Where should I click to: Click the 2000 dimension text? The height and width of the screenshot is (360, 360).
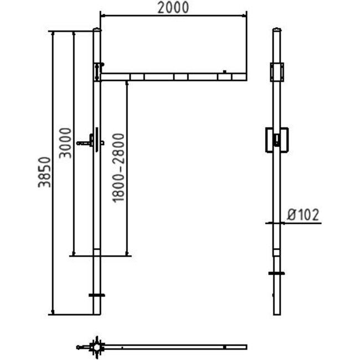(172, 8)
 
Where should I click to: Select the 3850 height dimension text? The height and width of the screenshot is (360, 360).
(45, 172)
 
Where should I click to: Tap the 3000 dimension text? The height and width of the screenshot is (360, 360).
(65, 143)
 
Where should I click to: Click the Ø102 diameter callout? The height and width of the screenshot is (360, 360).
(304, 214)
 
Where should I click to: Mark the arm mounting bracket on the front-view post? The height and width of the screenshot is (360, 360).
(97, 71)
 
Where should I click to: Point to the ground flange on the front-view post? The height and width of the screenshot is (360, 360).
(97, 295)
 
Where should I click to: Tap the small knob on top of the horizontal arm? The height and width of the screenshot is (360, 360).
(225, 71)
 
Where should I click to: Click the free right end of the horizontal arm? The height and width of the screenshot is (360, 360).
(245, 76)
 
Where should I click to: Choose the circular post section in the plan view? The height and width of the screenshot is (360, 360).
(97, 347)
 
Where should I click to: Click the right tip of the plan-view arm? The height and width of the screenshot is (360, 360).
(245, 347)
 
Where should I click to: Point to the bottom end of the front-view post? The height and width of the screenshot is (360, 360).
(97, 314)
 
